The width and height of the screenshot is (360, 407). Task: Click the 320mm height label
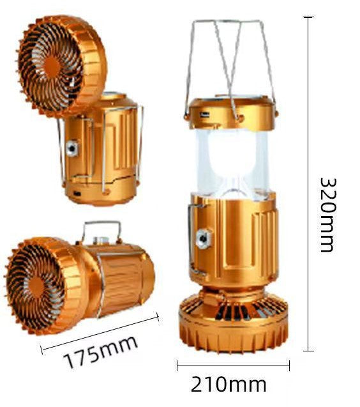(x=329, y=215)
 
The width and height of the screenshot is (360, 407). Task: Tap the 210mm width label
(x=229, y=385)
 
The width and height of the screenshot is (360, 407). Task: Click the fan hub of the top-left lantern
(x=52, y=66)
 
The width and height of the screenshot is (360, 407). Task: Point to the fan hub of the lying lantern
(x=36, y=287)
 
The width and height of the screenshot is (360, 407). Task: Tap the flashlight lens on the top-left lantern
(x=71, y=148)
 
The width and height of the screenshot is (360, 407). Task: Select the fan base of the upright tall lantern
(x=234, y=323)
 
